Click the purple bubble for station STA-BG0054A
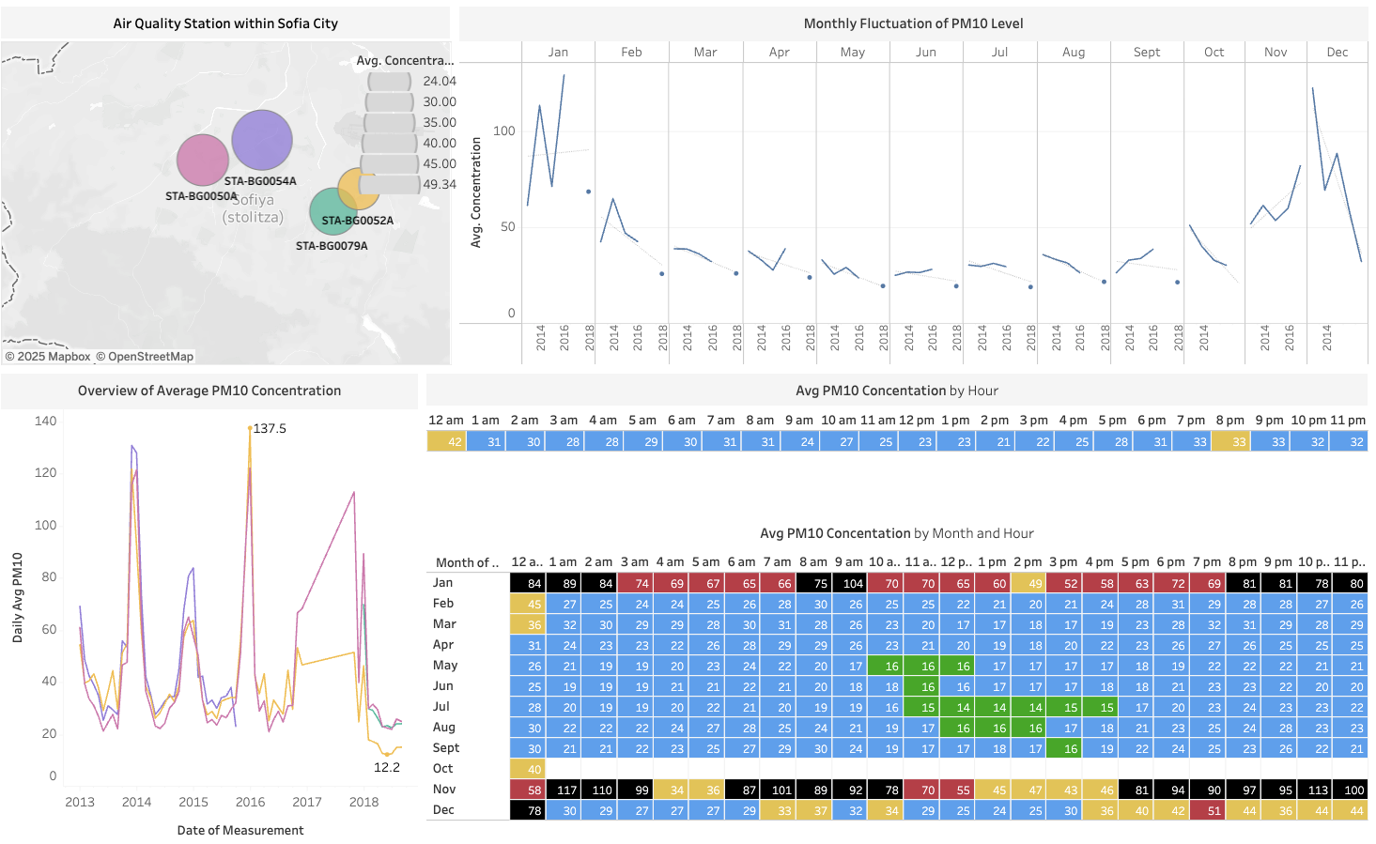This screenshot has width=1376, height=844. point(262,140)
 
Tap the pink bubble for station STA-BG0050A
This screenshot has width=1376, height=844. point(203,160)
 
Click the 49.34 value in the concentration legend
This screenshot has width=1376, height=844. point(439,184)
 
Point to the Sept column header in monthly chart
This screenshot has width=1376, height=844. point(1146,53)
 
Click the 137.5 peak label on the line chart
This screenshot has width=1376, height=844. point(270,428)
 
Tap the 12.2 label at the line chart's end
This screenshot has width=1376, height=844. point(387,767)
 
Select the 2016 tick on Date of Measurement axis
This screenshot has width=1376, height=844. point(250,802)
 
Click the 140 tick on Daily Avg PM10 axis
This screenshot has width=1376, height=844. point(45,422)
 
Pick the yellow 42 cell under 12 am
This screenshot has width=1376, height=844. point(446,441)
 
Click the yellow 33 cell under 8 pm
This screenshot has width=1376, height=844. point(1230,441)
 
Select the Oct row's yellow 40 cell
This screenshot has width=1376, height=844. point(527,769)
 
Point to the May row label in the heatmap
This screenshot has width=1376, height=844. point(445,665)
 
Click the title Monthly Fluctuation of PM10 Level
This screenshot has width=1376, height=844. point(913,23)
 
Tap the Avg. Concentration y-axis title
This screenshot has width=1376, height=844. point(476,192)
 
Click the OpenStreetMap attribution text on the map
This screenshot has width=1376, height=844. point(150,357)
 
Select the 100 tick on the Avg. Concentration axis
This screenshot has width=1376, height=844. point(504,130)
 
